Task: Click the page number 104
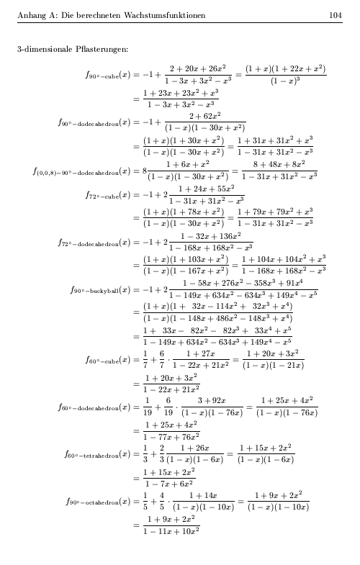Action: tap(335, 15)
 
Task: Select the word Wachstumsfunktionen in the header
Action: tap(165, 15)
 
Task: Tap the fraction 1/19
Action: tap(147, 407)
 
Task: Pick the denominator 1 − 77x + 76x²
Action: tap(171, 436)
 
